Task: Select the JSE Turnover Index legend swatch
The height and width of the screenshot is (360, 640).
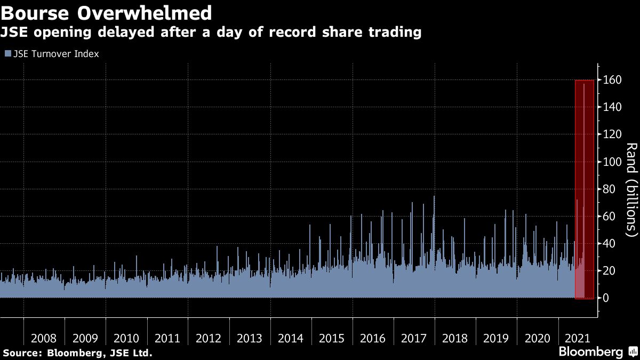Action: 7,54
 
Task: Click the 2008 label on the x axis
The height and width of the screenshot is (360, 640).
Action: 44,338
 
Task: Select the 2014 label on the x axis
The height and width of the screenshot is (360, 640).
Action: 291,338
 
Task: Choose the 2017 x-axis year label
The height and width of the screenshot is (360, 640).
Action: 414,338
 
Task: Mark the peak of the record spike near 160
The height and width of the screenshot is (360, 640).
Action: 584,84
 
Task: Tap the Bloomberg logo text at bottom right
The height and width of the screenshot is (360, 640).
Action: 590,352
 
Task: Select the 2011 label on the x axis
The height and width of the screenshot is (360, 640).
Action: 167,338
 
